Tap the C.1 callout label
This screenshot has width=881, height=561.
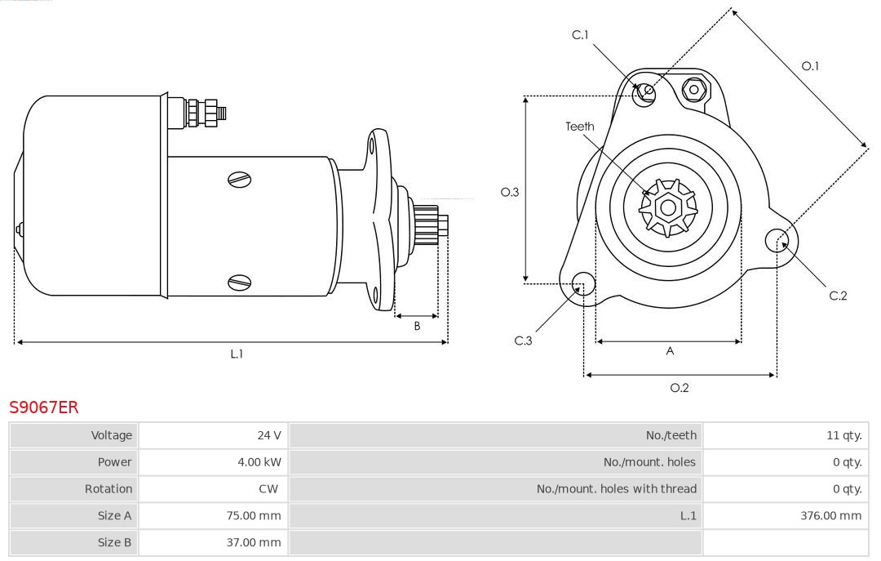click(x=580, y=34)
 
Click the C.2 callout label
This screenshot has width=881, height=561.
click(x=838, y=296)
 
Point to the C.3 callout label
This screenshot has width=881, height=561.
click(x=523, y=341)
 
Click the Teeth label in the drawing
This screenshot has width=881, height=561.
click(x=580, y=127)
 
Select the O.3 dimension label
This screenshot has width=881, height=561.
click(x=510, y=192)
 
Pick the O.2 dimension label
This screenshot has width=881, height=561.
click(x=679, y=388)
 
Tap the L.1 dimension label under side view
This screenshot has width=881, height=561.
click(x=237, y=354)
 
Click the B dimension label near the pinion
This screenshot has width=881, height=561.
click(x=417, y=326)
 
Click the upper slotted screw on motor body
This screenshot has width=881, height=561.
click(x=239, y=179)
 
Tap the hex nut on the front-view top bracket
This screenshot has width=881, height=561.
click(x=694, y=89)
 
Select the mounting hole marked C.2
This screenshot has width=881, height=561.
click(x=776, y=240)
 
